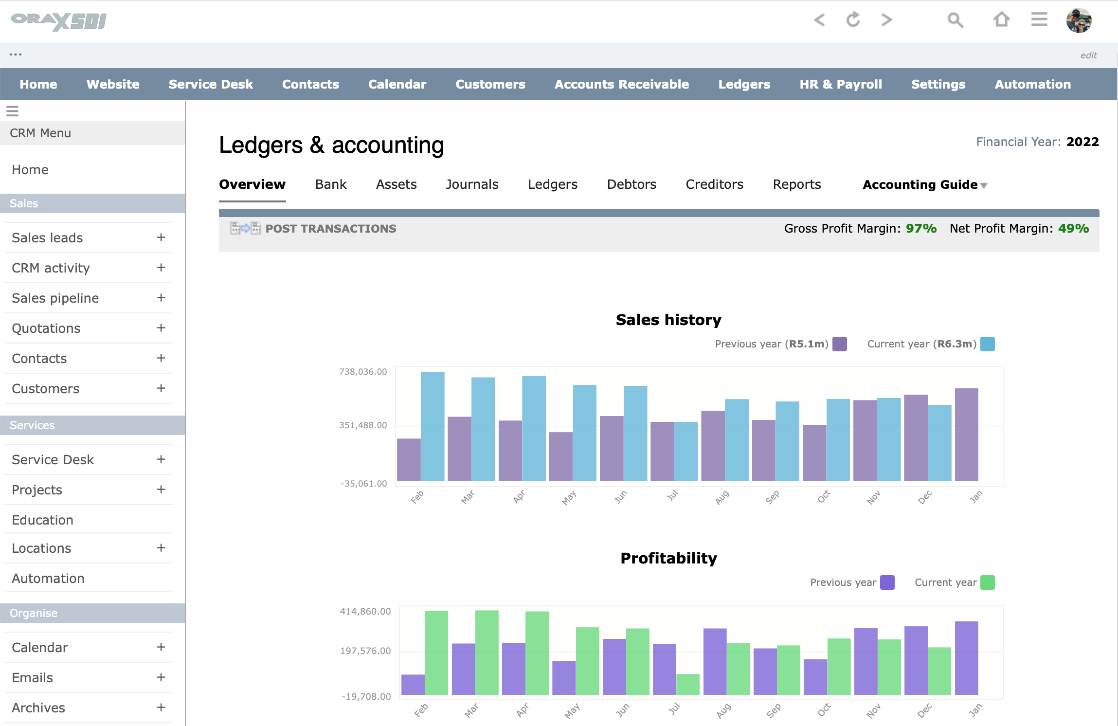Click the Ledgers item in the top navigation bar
click(744, 84)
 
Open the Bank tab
click(330, 184)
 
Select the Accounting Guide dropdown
click(924, 185)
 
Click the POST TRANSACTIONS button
click(330, 229)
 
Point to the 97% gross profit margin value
click(920, 229)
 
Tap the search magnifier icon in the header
click(955, 20)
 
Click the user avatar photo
click(1078, 20)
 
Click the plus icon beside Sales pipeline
click(161, 298)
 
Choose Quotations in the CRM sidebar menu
click(46, 328)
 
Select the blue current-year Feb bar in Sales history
click(432, 426)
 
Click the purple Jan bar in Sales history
click(966, 434)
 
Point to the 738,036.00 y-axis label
click(363, 372)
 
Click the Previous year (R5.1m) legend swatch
click(839, 344)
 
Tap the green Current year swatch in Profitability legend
click(987, 582)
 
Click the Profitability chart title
click(668, 558)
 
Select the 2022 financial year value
click(1082, 142)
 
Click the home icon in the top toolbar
click(1001, 20)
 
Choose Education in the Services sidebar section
click(43, 520)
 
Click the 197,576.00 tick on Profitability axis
click(365, 651)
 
